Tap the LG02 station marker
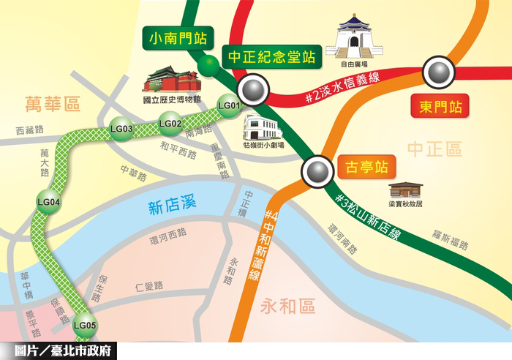click(x=170, y=124)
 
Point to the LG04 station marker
click(x=48, y=201)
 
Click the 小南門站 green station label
click(x=176, y=38)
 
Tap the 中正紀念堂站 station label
click(x=271, y=56)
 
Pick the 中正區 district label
click(x=434, y=150)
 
